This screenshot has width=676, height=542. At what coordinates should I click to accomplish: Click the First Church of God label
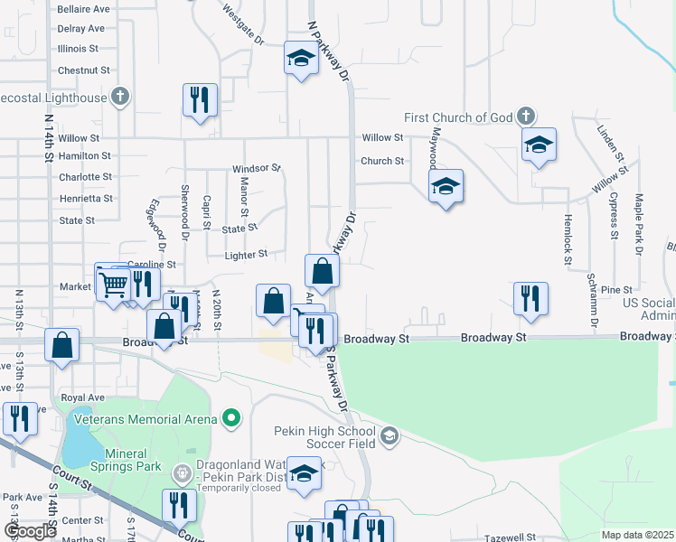457,117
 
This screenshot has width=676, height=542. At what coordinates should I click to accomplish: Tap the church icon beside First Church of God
526,117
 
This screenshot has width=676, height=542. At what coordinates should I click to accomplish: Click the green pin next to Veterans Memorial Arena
232,418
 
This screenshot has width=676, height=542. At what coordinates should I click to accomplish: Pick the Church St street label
382,161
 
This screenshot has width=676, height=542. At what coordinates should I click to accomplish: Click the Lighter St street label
245,255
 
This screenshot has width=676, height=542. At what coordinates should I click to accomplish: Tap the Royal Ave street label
82,397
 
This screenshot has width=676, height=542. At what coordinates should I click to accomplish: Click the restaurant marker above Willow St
200,98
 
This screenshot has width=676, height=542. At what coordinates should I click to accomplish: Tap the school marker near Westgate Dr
300,59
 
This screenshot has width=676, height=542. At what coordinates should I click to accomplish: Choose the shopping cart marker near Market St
113,284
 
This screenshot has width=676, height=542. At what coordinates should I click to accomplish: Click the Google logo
30,532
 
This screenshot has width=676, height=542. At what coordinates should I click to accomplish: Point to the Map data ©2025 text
638,535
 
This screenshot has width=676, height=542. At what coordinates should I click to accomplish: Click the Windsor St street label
257,169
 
